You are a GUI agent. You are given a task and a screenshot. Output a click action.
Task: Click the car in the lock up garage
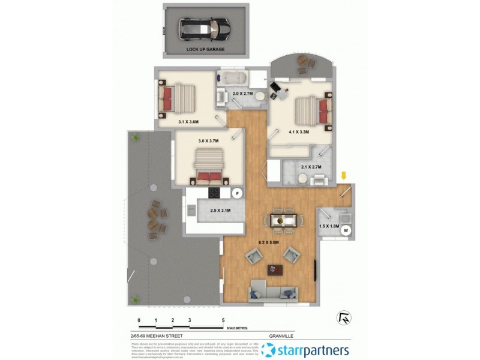coord(203,27)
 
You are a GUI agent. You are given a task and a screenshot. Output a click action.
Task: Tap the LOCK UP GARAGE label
coord(205,49)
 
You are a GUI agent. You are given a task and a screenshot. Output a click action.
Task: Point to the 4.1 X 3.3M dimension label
coord(298,132)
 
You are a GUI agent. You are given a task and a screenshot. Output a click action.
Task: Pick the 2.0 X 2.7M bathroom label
coord(243,94)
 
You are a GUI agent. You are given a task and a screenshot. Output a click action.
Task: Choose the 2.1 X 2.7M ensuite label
coord(310,167)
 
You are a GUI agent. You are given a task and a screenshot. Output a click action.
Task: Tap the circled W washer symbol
coord(346,229)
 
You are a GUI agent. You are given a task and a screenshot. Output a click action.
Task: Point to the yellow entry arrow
coord(344,176)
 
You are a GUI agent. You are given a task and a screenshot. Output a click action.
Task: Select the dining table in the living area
coord(281,220)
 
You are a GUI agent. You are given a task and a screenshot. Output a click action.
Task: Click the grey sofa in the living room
coord(274,291)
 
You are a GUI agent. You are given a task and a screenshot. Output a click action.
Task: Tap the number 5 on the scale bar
coord(223,321)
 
